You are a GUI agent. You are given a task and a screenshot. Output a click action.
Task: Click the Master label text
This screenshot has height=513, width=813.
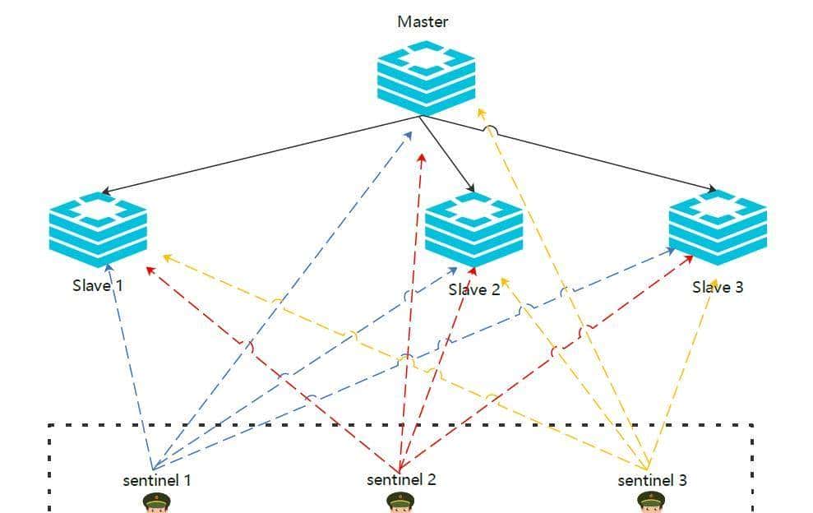[423, 21]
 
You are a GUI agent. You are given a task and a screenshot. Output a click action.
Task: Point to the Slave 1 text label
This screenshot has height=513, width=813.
[97, 285]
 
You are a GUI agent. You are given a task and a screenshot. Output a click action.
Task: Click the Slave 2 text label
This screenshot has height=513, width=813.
[473, 289]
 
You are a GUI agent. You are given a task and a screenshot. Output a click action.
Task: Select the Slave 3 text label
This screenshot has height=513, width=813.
[717, 287]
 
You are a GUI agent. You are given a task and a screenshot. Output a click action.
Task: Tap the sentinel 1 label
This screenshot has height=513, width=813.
[156, 480]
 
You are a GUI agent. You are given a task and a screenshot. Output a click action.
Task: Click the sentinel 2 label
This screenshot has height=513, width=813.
[401, 479]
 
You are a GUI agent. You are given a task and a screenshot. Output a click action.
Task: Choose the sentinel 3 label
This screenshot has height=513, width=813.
[652, 480]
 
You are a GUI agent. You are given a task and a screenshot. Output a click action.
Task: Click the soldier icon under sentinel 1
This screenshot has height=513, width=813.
[155, 502]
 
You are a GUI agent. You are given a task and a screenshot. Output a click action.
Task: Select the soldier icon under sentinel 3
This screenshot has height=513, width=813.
[650, 502]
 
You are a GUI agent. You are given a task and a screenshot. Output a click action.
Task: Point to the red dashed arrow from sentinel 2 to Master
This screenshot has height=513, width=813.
[411, 312]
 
